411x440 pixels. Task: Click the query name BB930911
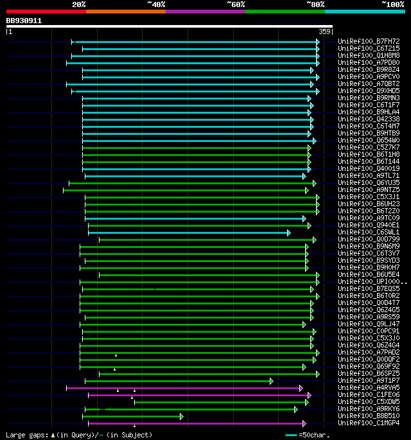pos(24,21)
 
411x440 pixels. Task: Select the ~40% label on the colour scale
pos(156,4)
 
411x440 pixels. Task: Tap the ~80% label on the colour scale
pos(315,4)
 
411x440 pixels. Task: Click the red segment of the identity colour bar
pos(46,11)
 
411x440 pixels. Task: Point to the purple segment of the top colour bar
pos(205,11)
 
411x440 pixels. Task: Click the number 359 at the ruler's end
pos(324,31)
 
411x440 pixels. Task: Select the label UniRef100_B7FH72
pos(369,42)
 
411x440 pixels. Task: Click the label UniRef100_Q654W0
pos(369,141)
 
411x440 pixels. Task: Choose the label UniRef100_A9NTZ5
pos(369,190)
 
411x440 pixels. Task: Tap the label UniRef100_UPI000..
pos(371,282)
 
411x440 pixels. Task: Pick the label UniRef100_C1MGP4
pos(369,423)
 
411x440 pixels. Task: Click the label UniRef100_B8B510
pos(369,416)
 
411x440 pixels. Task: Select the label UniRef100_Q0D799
pos(369,240)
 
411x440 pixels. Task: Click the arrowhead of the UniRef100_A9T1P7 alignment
pos(272,381)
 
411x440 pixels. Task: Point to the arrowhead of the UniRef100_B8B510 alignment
pos(182,416)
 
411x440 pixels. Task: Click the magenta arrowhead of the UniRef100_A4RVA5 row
pos(301,388)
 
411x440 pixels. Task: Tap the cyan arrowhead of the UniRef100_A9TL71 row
pos(304,176)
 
